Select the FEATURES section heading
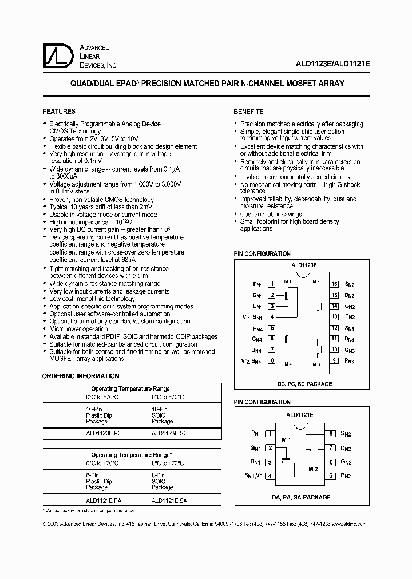pyautogui.click(x=59, y=112)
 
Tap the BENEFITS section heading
pyautogui.click(x=248, y=112)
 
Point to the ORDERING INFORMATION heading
pyautogui.click(x=81, y=376)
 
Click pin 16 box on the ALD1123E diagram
pyautogui.click(x=334, y=284)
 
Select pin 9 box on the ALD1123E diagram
pyautogui.click(x=334, y=360)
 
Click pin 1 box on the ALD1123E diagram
pyautogui.click(x=272, y=284)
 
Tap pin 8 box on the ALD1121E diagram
pyautogui.click(x=331, y=434)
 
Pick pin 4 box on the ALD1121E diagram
pyautogui.click(x=270, y=475)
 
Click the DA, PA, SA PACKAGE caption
pyautogui.click(x=301, y=497)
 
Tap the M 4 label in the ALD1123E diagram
pyautogui.click(x=287, y=364)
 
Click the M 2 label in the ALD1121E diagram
pyautogui.click(x=313, y=469)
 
